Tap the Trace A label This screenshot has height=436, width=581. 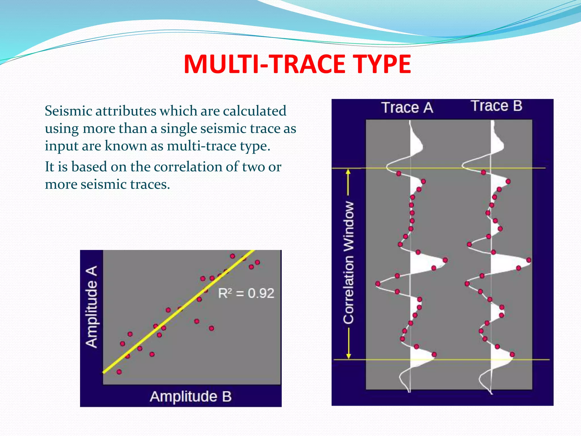[x=407, y=108]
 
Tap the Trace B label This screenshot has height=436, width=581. [x=497, y=106]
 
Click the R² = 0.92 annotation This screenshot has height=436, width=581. [x=246, y=293]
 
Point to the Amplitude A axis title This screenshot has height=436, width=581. [x=92, y=307]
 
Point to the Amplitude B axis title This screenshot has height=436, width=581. [x=191, y=396]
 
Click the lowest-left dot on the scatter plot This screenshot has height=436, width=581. [x=119, y=372]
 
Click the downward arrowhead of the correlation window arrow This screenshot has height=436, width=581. [x=349, y=356]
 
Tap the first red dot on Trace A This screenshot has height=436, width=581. [x=399, y=173]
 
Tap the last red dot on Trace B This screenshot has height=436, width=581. [x=512, y=354]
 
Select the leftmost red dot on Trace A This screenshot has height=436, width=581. [x=378, y=284]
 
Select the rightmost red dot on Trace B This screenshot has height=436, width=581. [x=529, y=260]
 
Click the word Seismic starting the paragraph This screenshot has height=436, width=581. [x=69, y=111]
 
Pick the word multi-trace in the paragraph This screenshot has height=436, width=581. [x=202, y=146]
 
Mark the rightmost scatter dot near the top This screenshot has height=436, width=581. [x=257, y=262]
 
